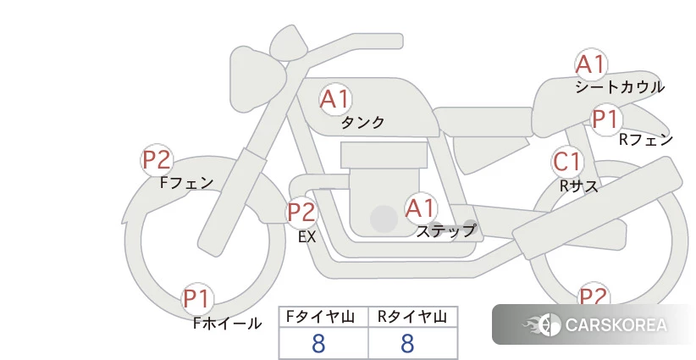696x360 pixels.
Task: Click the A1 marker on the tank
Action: pyautogui.click(x=335, y=99)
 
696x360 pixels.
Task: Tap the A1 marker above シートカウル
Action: pyautogui.click(x=591, y=64)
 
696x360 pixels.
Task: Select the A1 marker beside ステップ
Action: pyautogui.click(x=421, y=208)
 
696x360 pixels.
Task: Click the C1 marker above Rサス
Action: pyautogui.click(x=567, y=162)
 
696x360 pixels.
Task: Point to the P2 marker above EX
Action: pyautogui.click(x=301, y=212)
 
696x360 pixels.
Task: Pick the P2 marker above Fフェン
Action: pyautogui.click(x=157, y=160)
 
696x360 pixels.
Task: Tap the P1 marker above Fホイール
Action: pyautogui.click(x=197, y=299)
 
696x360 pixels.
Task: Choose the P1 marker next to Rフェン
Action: pyautogui.click(x=606, y=119)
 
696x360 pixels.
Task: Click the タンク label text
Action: pyautogui.click(x=362, y=123)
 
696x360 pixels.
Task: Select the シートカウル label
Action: pyautogui.click(x=620, y=87)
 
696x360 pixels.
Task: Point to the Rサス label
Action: pyautogui.click(x=579, y=186)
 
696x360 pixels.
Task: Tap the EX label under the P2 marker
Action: pyautogui.click(x=307, y=237)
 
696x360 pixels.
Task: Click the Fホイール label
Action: pyautogui.click(x=227, y=324)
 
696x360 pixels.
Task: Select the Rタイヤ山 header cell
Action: pyautogui.click(x=413, y=317)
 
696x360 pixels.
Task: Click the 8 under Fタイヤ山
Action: pyautogui.click(x=318, y=343)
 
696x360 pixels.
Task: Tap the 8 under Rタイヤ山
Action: pyautogui.click(x=407, y=343)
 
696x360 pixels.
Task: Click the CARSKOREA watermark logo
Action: pyautogui.click(x=594, y=324)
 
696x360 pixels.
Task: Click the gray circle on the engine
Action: pyautogui.click(x=384, y=219)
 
